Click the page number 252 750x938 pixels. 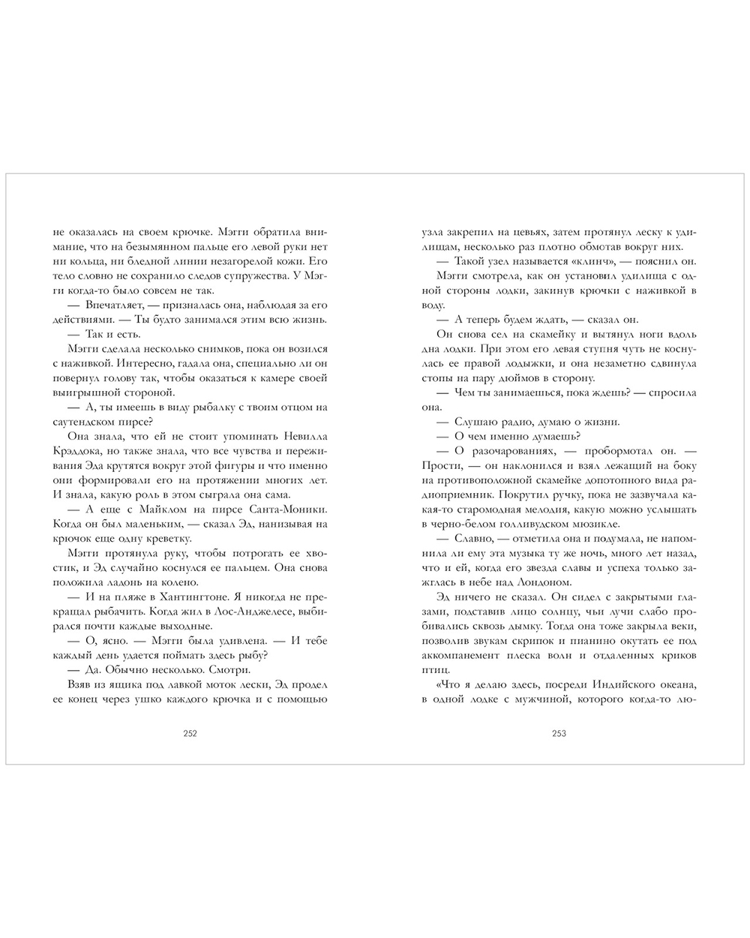(x=190, y=734)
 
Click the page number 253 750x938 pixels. (x=559, y=734)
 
